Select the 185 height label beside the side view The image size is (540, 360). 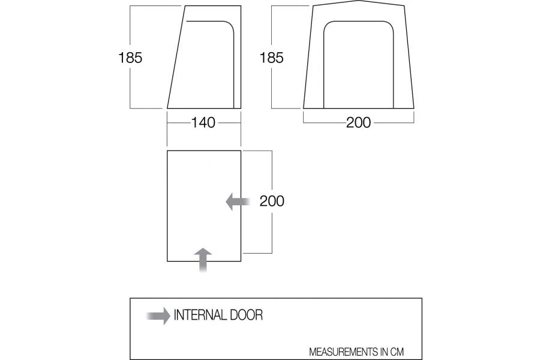[x=130, y=58]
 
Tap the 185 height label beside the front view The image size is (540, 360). [x=271, y=58]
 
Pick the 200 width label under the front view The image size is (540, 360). [x=358, y=123]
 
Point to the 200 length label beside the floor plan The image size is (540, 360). [x=272, y=201]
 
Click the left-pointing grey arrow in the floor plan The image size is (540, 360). [x=238, y=202]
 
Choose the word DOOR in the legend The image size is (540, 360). [x=245, y=315]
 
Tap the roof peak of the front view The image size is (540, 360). [x=358, y=3]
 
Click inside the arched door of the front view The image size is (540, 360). [x=358, y=66]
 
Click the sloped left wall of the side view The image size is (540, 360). [x=175, y=57]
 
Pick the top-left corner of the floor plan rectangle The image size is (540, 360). [x=167, y=151]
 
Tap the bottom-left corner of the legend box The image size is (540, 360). [x=130, y=359]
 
